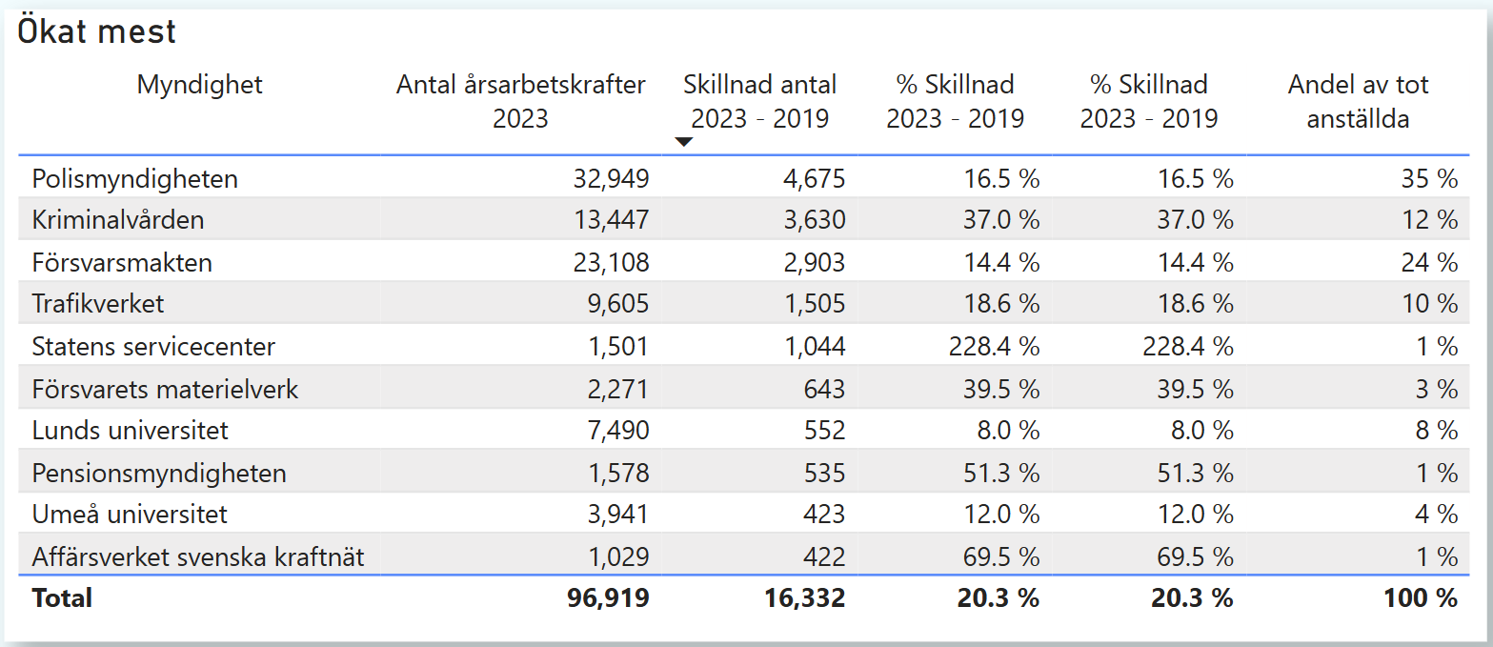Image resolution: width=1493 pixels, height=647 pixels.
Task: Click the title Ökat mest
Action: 97,32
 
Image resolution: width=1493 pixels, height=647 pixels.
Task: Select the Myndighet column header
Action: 199,85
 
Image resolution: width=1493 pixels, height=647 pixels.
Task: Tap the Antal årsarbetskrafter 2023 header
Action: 520,101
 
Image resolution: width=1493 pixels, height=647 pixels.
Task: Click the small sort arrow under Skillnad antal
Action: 683,142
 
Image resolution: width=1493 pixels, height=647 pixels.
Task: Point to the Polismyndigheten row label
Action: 134,178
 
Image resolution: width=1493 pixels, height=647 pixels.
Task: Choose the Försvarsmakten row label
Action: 122,262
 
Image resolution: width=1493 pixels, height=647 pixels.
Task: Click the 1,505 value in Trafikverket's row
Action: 816,304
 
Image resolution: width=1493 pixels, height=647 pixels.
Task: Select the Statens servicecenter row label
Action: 153,346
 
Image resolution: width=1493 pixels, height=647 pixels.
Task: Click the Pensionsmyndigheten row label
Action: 159,473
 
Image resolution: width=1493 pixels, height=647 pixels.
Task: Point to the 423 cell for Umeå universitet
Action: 825,515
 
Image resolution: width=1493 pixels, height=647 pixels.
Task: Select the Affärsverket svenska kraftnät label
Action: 198,556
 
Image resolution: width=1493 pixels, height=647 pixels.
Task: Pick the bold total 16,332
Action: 804,598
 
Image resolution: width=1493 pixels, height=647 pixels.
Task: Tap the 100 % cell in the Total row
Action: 1422,598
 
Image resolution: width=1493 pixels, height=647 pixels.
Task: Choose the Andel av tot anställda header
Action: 1358,101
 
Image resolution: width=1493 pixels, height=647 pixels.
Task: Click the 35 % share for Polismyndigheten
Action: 1429,178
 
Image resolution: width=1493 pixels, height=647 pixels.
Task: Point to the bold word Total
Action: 62,598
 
